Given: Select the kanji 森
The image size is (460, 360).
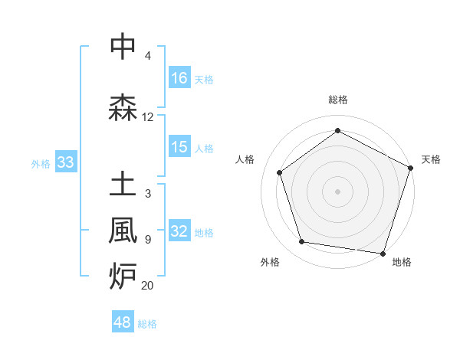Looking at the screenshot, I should coord(123,107).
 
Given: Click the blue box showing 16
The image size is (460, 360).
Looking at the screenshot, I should coord(179,77).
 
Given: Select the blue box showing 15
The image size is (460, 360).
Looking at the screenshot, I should coord(179,147).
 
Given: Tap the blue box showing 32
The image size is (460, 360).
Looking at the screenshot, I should coord(179,232).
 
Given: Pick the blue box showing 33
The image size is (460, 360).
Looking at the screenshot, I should coord(65,162).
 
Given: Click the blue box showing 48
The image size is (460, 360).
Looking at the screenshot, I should coord(123,322).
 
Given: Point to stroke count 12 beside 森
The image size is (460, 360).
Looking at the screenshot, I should coord(148,117).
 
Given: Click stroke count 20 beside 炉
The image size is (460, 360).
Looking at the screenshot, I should coord(148,286).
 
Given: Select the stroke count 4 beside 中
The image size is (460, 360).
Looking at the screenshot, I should coord(148,56).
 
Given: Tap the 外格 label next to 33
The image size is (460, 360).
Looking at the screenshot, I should coord(41,163).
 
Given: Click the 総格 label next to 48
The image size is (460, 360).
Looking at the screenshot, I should coord(147,324).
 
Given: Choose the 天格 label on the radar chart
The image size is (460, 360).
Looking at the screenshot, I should coord(431,159).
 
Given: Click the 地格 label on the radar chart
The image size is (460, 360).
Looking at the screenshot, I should coord(402,262).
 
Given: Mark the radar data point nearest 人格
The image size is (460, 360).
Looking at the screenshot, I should coord(280,172).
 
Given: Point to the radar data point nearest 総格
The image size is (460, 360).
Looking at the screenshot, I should coord(337,130).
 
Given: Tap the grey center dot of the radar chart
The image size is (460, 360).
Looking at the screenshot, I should coord(337,191).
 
